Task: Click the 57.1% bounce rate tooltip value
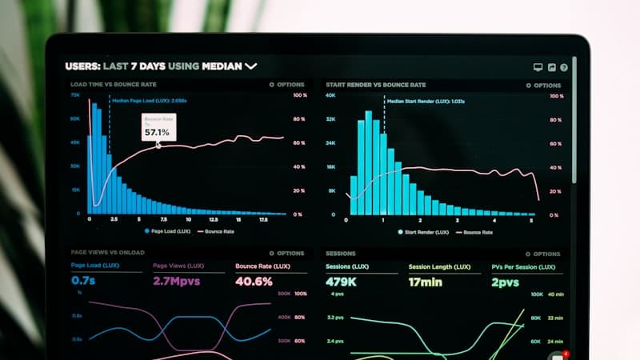(x=157, y=132)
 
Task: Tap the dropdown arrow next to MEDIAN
(x=251, y=66)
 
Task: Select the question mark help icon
(x=564, y=68)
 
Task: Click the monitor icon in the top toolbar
(x=538, y=68)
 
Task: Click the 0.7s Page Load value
(x=83, y=281)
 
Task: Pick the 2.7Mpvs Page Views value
(x=178, y=281)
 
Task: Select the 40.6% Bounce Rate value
(x=254, y=281)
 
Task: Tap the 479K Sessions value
(x=341, y=282)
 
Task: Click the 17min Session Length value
(x=426, y=282)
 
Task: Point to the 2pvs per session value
(x=506, y=282)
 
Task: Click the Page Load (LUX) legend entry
(x=167, y=231)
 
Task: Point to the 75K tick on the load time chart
(x=75, y=95)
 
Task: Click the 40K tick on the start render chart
(x=330, y=95)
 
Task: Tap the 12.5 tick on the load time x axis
(x=213, y=219)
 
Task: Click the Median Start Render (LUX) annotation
(x=426, y=102)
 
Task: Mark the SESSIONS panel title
(x=341, y=253)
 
